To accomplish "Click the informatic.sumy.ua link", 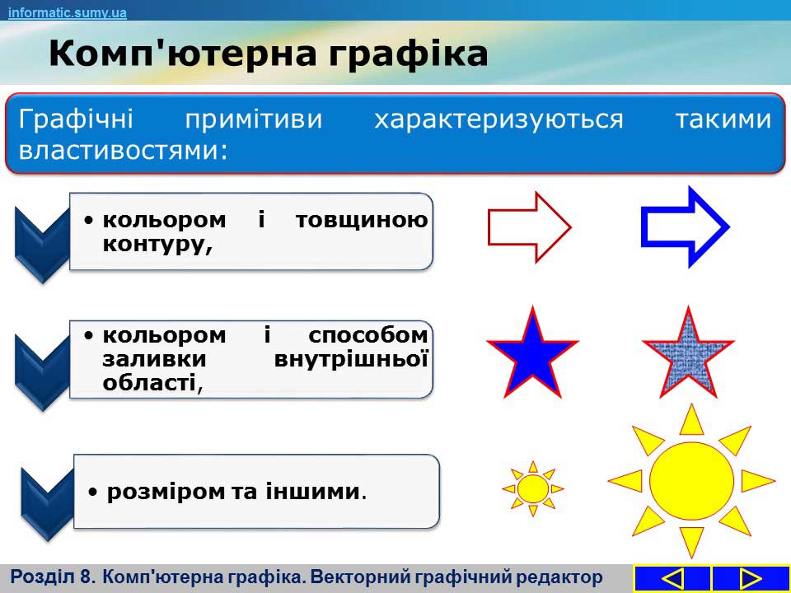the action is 67,12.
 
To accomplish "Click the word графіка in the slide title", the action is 408,55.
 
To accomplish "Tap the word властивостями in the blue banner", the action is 123,150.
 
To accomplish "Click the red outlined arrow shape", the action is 529,227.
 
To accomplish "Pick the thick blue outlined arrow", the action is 685,227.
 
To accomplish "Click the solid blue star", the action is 533,353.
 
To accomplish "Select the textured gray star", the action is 688,353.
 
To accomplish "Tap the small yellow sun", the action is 533,488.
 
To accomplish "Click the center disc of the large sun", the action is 691,480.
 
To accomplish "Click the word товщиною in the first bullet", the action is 362,221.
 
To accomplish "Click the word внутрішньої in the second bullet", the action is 351,360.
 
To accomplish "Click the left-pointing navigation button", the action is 672,579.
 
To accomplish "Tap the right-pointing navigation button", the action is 751,579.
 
